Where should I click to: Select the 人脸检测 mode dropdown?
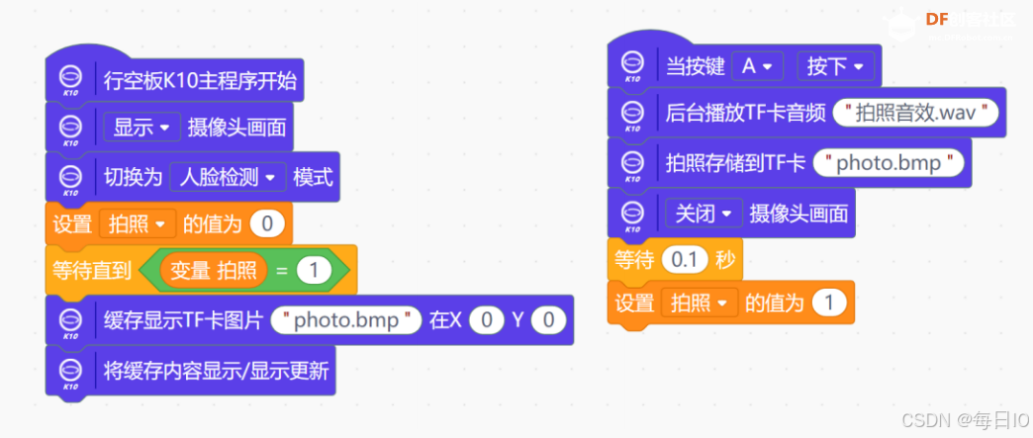228,177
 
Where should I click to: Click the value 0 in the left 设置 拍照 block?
266,223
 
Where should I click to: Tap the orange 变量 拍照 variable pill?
213,270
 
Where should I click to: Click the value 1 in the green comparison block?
313,270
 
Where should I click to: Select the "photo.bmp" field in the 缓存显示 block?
345,320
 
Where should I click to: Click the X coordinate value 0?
485,320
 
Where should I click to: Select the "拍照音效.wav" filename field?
916,112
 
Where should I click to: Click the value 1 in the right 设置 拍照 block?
828,303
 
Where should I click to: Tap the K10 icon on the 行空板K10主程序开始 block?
70,79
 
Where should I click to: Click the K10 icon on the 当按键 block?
632,65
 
